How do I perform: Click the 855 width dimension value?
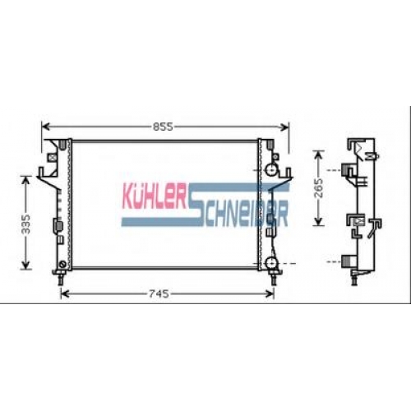[163, 127]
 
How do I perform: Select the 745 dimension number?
[159, 294]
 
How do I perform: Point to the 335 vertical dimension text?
[26, 224]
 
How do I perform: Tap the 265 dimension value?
[319, 188]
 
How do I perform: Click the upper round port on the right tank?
[271, 170]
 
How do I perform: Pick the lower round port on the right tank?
[271, 263]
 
